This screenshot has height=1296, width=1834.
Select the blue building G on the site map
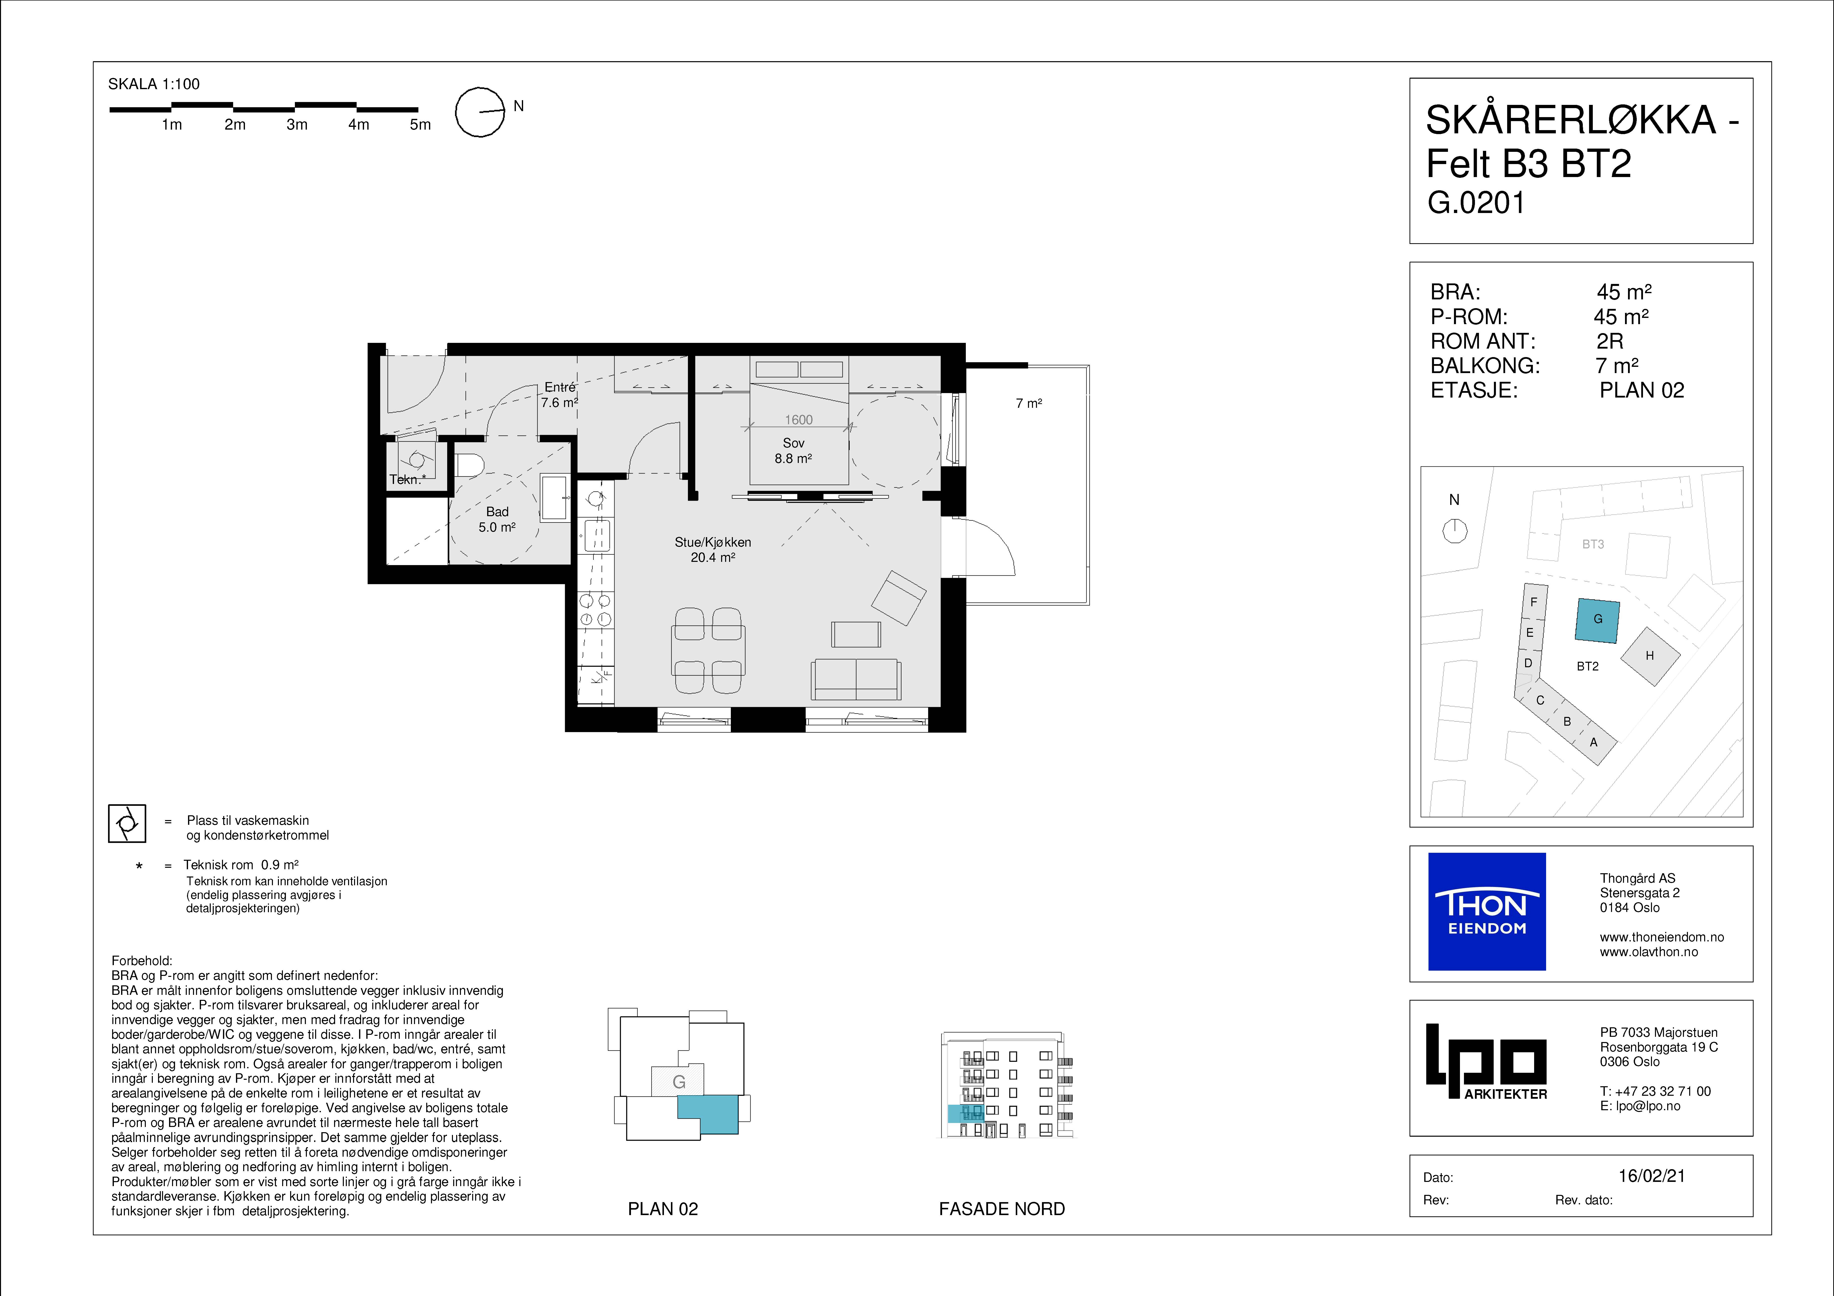coord(1598,621)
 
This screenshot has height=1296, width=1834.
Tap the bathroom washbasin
coord(555,498)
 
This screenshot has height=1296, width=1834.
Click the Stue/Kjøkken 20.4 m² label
coord(713,550)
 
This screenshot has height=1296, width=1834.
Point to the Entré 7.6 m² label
coord(559,395)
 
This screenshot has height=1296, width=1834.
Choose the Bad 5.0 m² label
coord(497,519)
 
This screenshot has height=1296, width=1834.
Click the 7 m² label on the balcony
coord(1029,404)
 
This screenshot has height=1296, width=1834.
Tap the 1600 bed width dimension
coord(799,420)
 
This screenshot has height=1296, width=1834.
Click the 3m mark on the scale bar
coord(296,125)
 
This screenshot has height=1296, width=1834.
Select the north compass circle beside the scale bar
coord(480,112)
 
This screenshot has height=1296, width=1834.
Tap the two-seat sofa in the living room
coord(855,680)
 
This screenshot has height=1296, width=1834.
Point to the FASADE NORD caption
coord(1002,1209)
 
